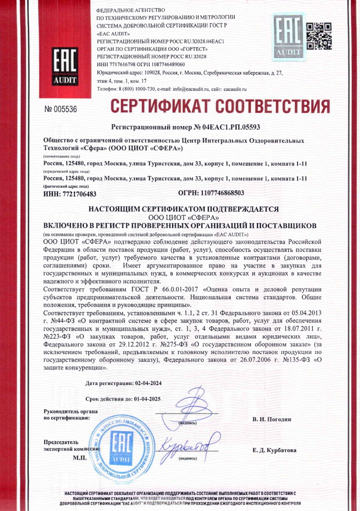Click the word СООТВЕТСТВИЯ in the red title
pyautogui.click(x=276, y=106)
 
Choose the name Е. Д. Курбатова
pyautogui.click(x=274, y=450)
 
